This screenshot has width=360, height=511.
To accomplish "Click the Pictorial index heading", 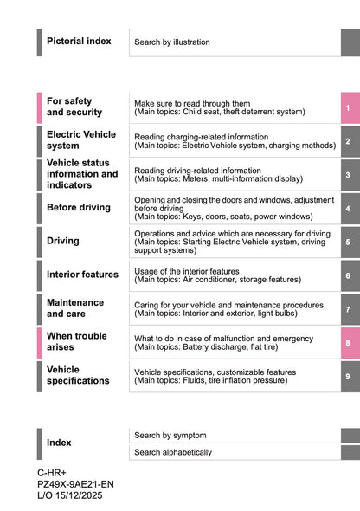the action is click(79, 41).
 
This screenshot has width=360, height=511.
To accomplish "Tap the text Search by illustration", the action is click(171, 42).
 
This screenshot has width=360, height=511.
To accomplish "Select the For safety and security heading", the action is click(74, 107).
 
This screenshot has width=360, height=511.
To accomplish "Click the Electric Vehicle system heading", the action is click(80, 139).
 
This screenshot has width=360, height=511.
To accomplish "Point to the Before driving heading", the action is click(79, 208).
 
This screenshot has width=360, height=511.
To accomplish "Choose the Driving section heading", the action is click(63, 241).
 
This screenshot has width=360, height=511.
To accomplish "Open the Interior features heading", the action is click(82, 275).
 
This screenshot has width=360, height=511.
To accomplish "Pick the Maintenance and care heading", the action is click(75, 308).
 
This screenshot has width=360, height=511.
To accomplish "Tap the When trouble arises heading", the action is click(77, 341).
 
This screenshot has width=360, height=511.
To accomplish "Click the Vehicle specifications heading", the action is click(78, 375).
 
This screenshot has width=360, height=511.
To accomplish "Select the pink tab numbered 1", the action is click(348, 107).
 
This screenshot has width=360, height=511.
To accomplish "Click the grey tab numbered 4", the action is click(348, 209).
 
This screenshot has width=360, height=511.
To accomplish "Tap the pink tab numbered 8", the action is click(348, 343).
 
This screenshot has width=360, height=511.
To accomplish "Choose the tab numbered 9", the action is click(348, 377).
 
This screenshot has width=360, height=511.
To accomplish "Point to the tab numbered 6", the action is click(348, 276).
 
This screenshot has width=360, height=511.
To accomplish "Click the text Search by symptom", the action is click(170, 435).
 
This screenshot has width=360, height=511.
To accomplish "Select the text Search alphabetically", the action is click(173, 452).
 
